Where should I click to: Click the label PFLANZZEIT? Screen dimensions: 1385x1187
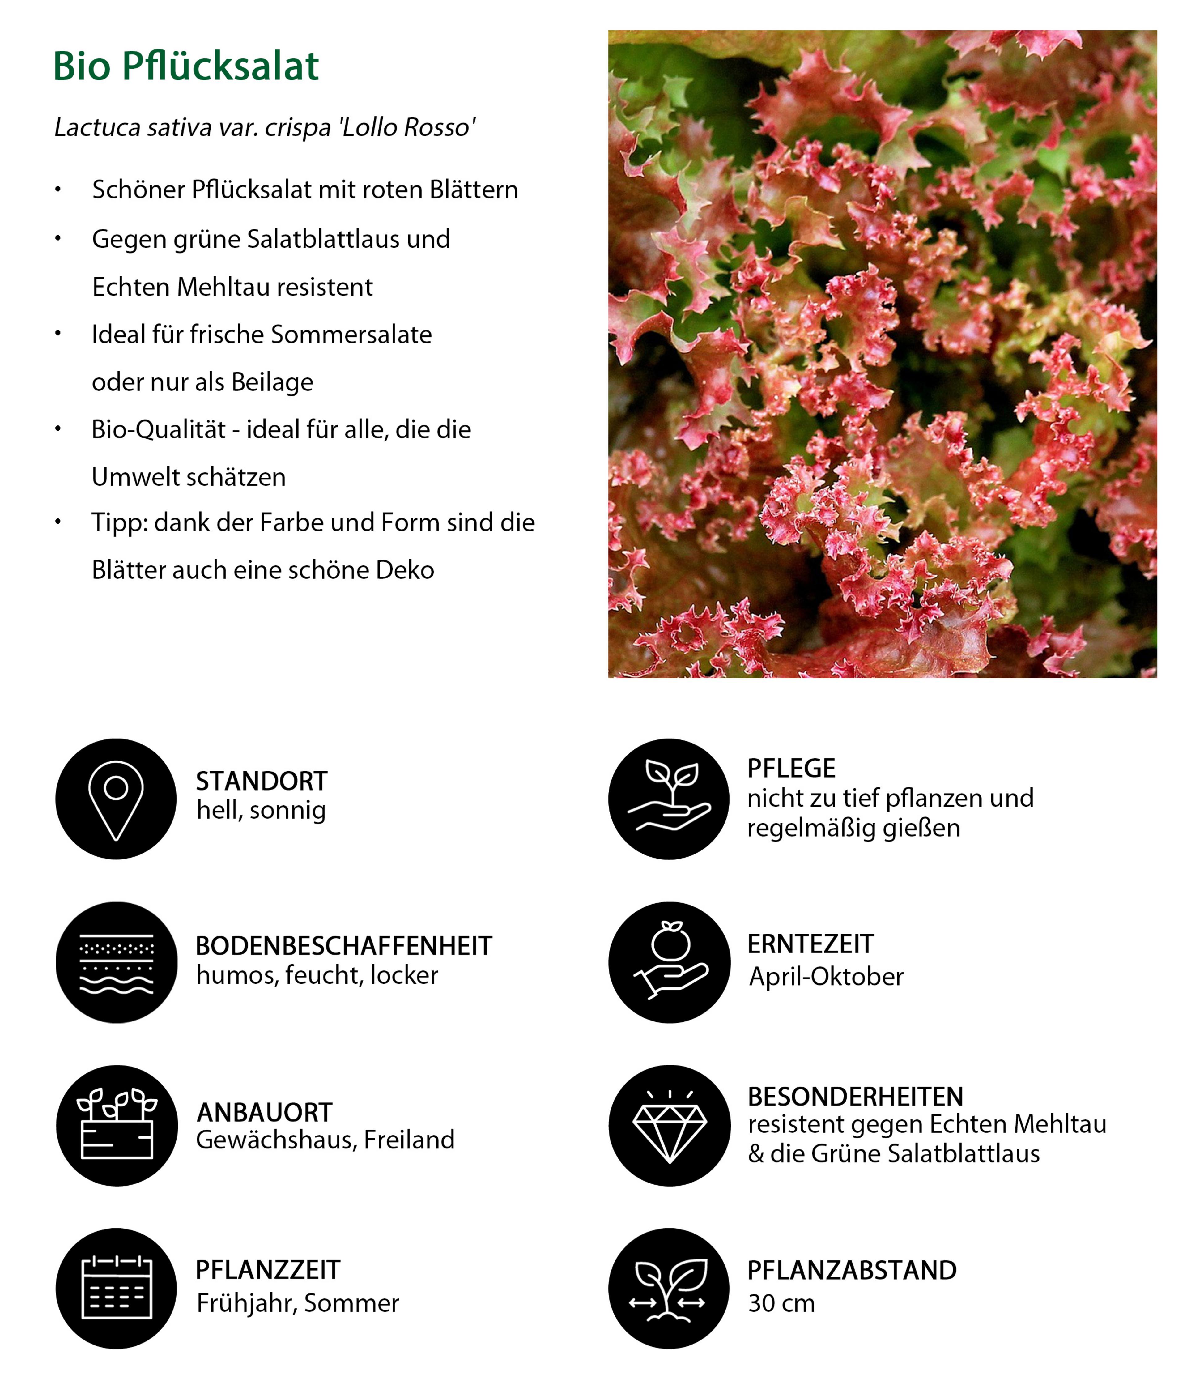267,1270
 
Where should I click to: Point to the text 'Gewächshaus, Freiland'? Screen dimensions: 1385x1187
325,1140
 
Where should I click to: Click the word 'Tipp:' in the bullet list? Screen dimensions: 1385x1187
119,523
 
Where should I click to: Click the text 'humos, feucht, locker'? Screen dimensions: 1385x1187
317,976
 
